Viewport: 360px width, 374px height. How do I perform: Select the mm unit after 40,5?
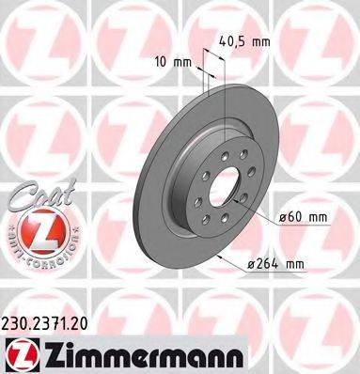tap(266, 40)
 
